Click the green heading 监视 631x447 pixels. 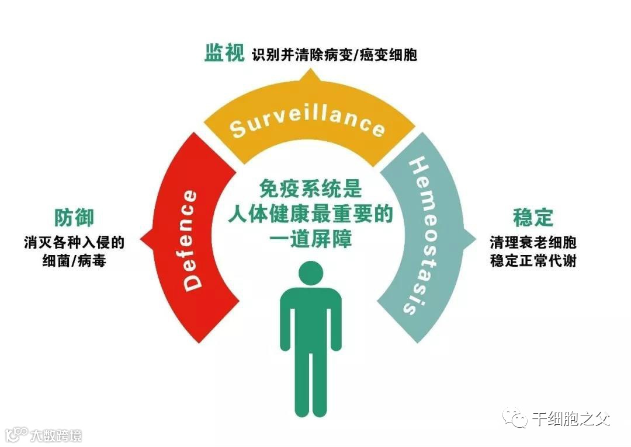(224, 54)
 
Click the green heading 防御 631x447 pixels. (74, 217)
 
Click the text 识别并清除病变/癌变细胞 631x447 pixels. (335, 55)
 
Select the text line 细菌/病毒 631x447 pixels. (74, 261)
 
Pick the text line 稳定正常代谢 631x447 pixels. (533, 261)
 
